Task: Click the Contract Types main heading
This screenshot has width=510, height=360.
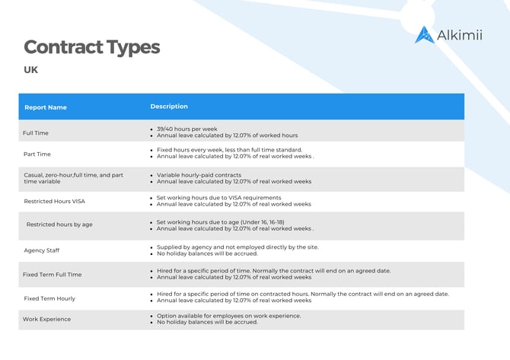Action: coord(91,47)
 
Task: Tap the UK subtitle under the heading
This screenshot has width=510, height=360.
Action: coord(31,70)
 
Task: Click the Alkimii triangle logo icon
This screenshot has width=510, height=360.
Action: coord(424,35)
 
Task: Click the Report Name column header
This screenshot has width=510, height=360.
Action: coord(46,107)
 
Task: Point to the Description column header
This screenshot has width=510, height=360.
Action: coord(169,107)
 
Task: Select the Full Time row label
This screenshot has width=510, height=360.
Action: coord(36,133)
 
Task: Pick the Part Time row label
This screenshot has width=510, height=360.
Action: coord(37,154)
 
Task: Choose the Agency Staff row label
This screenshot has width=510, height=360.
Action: coord(42,250)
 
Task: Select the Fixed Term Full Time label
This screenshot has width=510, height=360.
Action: coord(53,274)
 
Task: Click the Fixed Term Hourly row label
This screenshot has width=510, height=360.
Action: coord(49,298)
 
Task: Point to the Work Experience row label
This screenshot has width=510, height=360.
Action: coord(47,319)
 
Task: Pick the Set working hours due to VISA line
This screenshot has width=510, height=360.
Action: coord(224,198)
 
